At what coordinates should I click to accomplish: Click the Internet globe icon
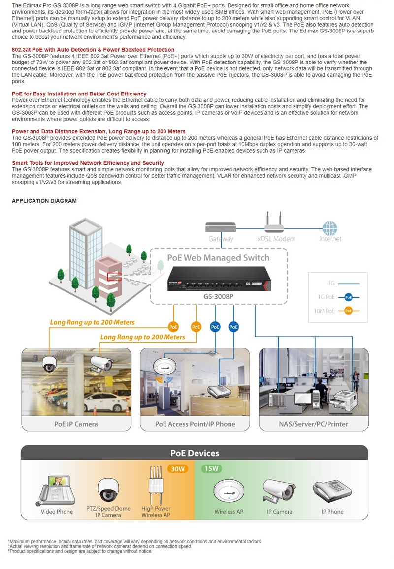(x=330, y=228)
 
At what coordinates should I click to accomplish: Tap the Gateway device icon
(x=221, y=227)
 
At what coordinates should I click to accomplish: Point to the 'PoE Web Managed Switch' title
(x=218, y=258)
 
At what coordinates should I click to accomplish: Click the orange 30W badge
(x=177, y=469)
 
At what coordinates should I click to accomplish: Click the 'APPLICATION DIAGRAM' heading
(x=44, y=201)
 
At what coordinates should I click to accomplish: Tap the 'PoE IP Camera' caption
(x=76, y=424)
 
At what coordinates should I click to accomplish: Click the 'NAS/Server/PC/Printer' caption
(x=313, y=424)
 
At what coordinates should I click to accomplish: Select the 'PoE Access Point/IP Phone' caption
(x=195, y=424)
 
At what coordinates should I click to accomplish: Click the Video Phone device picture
(x=57, y=490)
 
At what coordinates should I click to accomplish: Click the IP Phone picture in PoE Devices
(x=332, y=490)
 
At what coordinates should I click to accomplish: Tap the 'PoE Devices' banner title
(x=195, y=453)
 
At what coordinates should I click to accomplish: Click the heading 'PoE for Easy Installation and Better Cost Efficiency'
(x=79, y=94)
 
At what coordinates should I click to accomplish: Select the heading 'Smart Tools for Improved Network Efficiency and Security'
(x=88, y=163)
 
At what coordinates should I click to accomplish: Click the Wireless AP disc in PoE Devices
(x=229, y=490)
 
